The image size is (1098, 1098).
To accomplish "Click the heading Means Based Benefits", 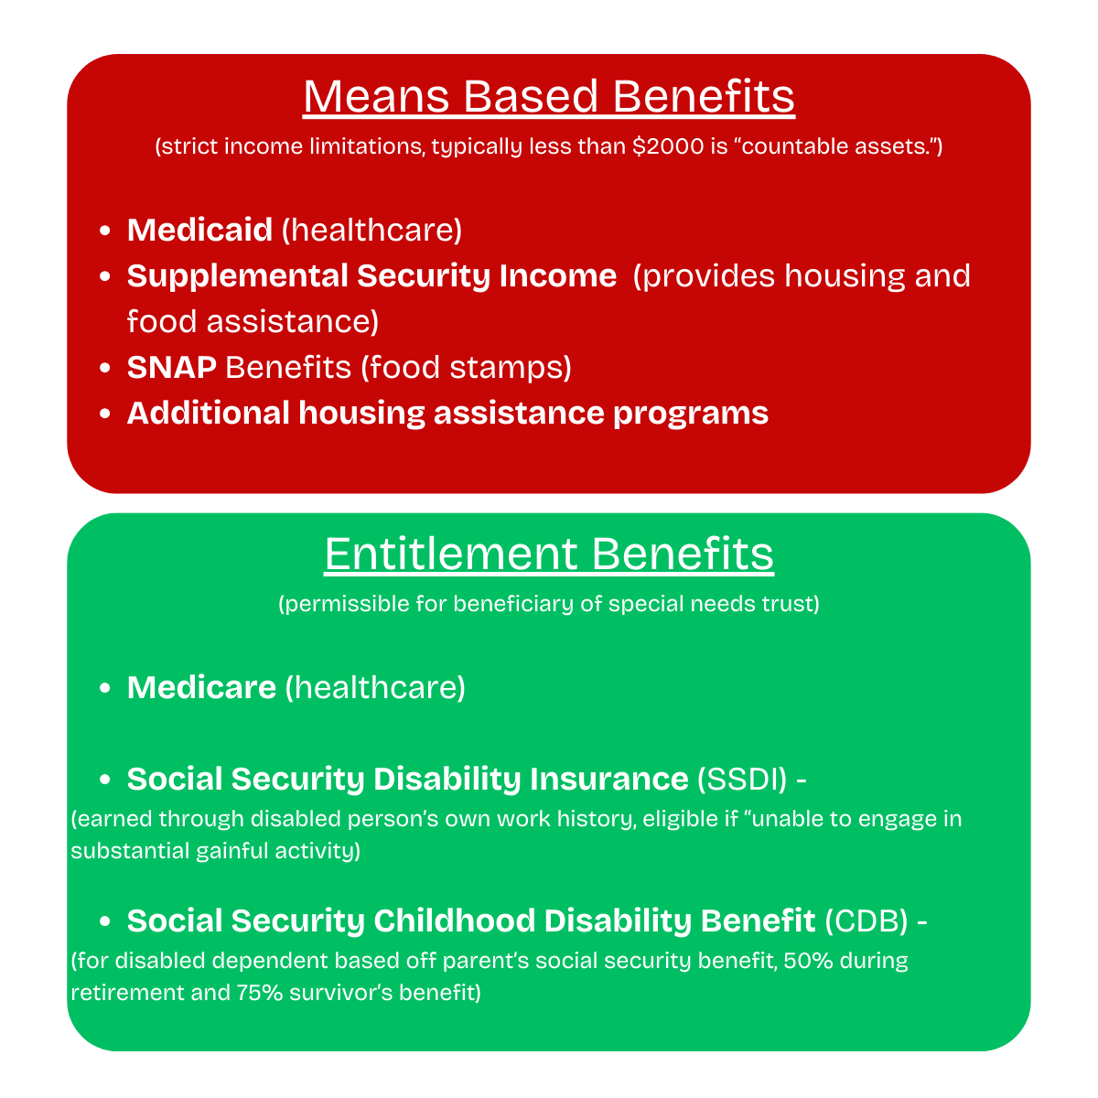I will point(549,97).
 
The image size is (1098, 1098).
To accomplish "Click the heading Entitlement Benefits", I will point(549,554).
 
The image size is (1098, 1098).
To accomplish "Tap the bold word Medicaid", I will point(199,230).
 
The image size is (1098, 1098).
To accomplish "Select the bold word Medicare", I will point(201,687).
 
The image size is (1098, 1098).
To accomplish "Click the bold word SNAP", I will point(172,367).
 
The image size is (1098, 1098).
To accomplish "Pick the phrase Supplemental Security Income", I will point(371,275).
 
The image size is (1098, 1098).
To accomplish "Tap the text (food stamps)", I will point(466,367).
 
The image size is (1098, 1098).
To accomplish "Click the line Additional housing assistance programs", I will point(447,413).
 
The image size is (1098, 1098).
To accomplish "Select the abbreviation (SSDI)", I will point(742,779).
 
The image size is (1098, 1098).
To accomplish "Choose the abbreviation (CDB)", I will point(867,920).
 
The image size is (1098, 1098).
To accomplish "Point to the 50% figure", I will point(804,962).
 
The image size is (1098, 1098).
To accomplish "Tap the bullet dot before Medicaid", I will point(105,231).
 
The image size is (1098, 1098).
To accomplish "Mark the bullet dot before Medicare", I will point(105,688).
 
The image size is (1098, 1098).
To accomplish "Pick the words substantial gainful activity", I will point(215,851).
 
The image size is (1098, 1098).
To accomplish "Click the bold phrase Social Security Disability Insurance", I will point(407,779).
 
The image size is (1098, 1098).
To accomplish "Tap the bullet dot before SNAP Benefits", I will point(105,368).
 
